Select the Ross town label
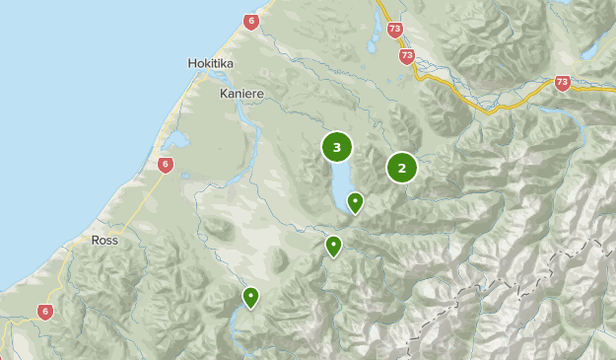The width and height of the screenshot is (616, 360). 103,240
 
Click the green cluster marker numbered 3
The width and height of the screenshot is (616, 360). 337,148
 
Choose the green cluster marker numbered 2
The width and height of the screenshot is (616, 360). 402,168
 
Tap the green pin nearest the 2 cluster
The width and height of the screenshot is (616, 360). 355,202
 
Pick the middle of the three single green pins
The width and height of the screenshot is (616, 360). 334,246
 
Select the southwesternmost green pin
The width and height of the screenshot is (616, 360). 251,296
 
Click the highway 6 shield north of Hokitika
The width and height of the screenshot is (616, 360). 251,22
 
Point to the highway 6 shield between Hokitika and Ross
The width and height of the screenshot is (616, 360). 165,165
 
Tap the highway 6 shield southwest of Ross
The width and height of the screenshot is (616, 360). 45,312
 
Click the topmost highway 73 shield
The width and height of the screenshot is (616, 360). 395,31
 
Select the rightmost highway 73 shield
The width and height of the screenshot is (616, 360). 563,84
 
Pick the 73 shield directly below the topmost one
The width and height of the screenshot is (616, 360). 407,56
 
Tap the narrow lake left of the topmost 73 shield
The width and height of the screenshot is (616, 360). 373,35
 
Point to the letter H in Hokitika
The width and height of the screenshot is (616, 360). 191,63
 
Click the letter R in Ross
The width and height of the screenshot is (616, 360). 94,240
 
